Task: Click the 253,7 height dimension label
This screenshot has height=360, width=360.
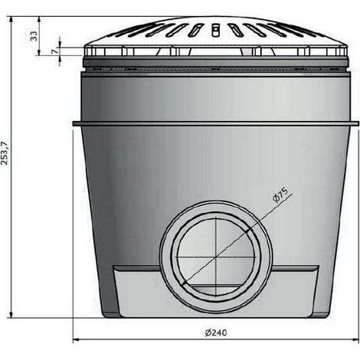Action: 5,153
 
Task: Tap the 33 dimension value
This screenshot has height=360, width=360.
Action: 34,36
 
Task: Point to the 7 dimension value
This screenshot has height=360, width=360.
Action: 54,51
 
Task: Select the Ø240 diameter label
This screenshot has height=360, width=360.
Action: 216,332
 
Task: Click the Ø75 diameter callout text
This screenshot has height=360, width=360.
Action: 280,195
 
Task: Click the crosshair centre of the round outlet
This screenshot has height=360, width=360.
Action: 216,257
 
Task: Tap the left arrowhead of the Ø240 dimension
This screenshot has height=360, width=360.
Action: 76,339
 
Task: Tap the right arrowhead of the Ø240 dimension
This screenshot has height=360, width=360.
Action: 356,339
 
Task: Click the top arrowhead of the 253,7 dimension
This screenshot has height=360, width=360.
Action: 11,20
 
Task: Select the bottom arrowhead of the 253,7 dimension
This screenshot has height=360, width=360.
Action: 11,314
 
